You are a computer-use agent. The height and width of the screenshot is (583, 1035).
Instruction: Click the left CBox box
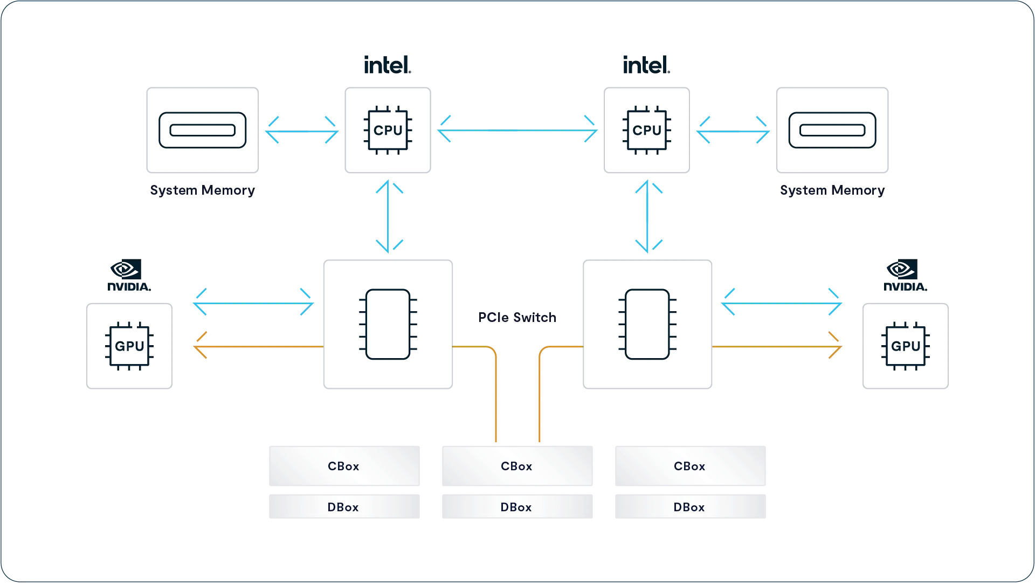tap(344, 466)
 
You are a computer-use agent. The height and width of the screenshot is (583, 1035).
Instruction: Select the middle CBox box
tap(517, 466)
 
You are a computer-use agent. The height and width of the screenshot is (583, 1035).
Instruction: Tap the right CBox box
tap(690, 466)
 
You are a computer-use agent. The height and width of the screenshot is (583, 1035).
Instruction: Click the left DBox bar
tap(344, 507)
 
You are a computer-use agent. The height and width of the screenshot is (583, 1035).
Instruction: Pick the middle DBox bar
tap(517, 507)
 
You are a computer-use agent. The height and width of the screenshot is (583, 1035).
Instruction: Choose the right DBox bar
tap(690, 507)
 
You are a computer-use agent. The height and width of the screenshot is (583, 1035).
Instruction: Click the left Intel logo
tap(387, 65)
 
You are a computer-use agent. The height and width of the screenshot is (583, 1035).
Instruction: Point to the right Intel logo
tap(646, 65)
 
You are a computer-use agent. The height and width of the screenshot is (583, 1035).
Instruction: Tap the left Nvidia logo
tap(129, 276)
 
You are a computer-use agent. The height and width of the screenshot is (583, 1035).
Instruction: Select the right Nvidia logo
tap(905, 276)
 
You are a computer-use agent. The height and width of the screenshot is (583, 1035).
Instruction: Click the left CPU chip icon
tap(388, 131)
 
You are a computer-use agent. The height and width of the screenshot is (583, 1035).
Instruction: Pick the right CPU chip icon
tap(647, 131)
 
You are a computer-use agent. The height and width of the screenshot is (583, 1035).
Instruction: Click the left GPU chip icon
tap(129, 346)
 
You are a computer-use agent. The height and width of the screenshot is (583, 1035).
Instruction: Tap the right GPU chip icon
tap(906, 346)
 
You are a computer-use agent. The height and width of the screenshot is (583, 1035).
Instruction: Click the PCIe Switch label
tap(517, 318)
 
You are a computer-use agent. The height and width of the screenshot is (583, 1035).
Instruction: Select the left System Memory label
tap(202, 190)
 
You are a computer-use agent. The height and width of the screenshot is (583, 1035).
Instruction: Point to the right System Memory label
tap(832, 190)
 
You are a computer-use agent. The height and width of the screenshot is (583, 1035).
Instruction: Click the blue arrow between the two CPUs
tap(517, 131)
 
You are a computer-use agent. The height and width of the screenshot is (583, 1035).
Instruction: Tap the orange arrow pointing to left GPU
tap(259, 347)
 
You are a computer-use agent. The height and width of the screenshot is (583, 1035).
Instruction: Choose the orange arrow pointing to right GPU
tap(776, 347)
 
